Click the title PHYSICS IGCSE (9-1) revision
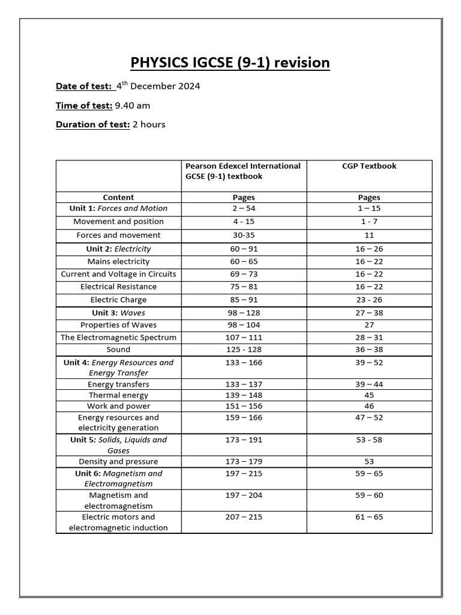[230, 62]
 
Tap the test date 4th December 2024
[158, 86]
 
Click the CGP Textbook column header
[369, 166]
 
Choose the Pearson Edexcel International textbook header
[243, 171]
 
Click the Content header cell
[118, 197]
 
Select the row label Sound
[118, 350]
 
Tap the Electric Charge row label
[118, 300]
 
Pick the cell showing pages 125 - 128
[243, 350]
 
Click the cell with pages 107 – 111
[243, 338]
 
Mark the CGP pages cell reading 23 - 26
[369, 300]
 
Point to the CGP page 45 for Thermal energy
[369, 395]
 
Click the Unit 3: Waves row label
[118, 313]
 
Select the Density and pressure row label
[118, 462]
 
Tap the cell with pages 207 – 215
[243, 517]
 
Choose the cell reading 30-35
[243, 235]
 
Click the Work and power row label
[118, 407]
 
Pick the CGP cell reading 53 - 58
[369, 440]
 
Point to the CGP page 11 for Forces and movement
[369, 235]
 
